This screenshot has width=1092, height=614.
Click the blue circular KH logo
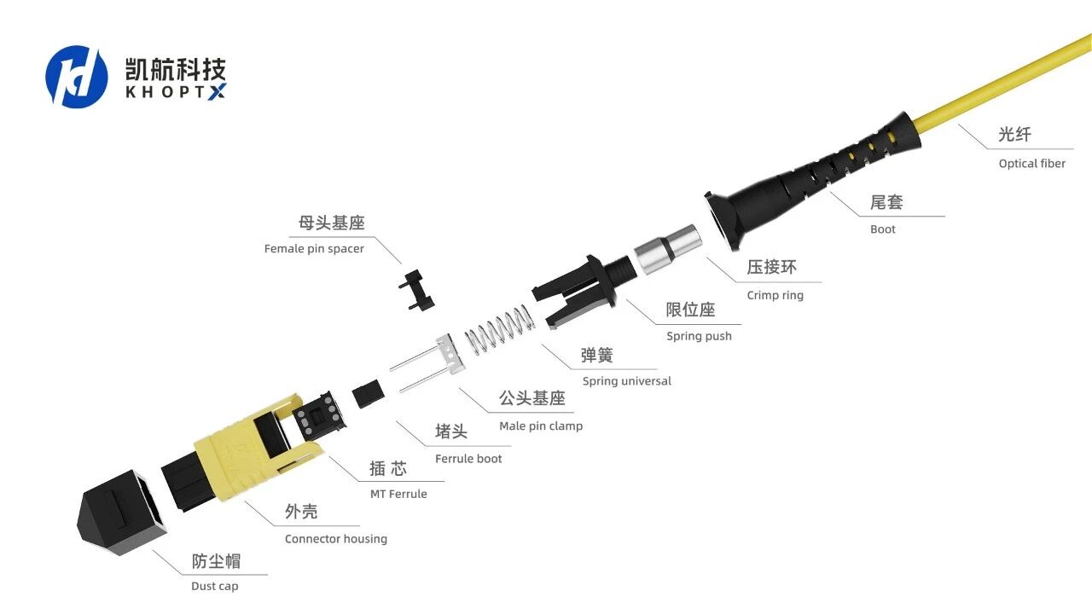pos(77,77)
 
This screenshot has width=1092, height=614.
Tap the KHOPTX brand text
pos(176,91)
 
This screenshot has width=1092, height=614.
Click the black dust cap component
pos(122,513)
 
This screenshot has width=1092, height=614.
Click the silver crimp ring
pos(668,248)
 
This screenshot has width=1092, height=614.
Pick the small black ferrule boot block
pos(368,395)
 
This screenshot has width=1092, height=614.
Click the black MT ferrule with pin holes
pos(319,415)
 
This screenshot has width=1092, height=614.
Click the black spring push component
pos(583,290)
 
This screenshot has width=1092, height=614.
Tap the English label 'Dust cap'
pos(214,586)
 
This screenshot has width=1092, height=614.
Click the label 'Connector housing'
pos(336,539)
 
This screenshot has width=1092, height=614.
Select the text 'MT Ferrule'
pos(398,494)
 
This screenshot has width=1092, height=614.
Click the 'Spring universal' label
pos(626,381)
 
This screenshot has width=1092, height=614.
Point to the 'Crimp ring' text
pos(775,295)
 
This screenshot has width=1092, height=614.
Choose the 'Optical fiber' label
pos(1032,164)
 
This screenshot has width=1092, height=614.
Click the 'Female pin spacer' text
pos(314,249)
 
